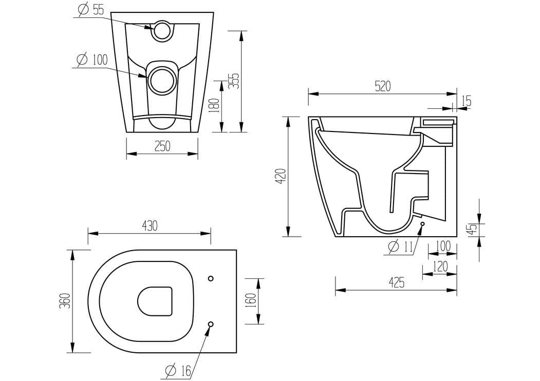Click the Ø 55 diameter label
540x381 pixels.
tap(91, 10)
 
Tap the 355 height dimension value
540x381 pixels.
tap(234, 81)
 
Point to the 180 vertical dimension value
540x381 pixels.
tap(215, 105)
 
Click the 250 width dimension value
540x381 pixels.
tap(162, 146)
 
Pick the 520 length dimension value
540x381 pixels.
tap(382, 86)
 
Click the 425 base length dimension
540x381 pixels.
tap(396, 282)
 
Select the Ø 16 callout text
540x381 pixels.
tap(177, 369)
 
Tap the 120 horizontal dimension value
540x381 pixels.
tap(440, 266)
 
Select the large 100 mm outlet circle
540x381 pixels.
tap(162, 80)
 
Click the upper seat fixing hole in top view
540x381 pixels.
tap(211, 278)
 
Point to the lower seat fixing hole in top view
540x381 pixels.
tap(211, 323)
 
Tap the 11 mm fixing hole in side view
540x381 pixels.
tap(422, 224)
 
